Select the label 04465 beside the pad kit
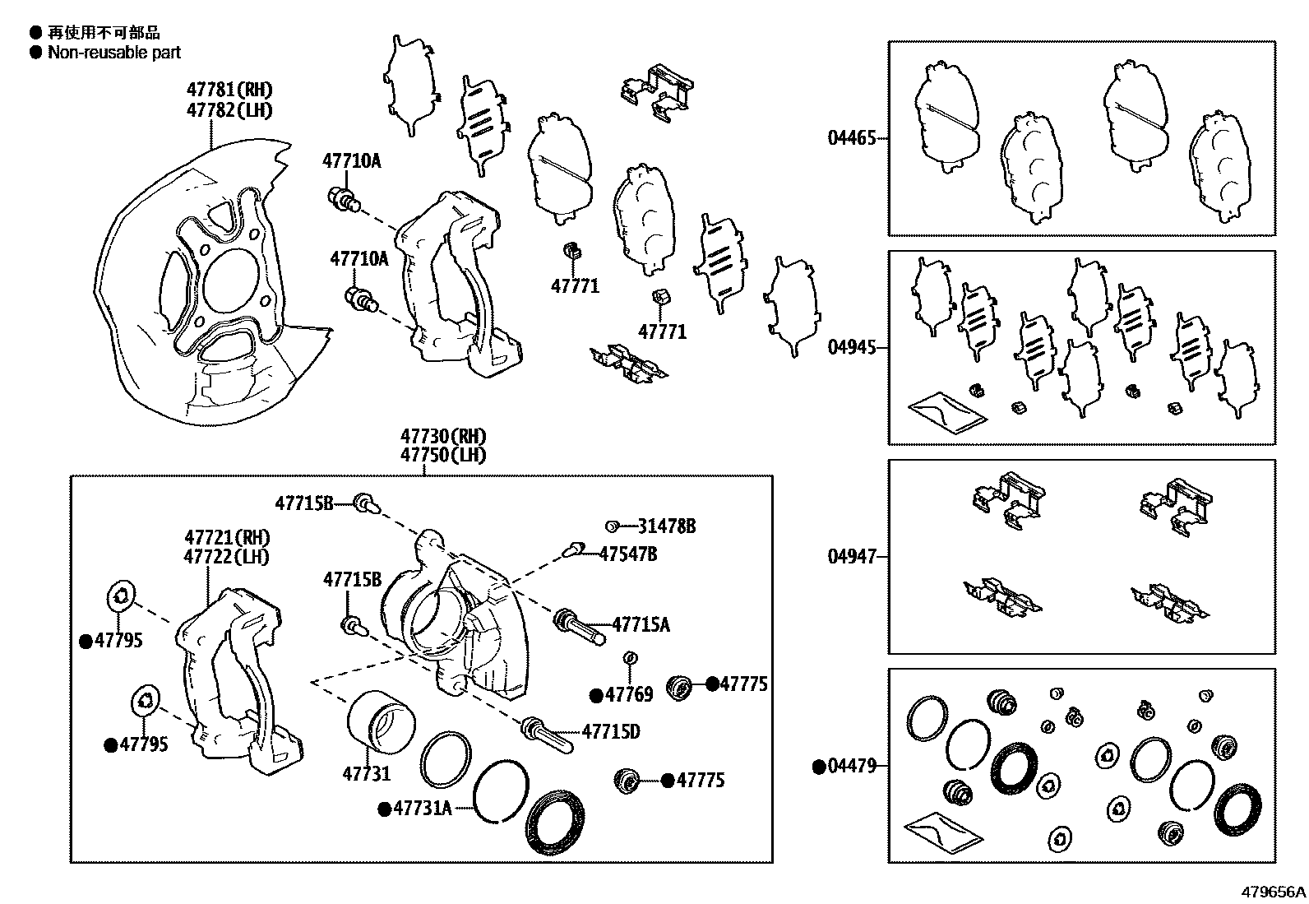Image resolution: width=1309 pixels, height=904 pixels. click(852, 138)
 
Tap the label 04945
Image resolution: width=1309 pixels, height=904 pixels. click(852, 347)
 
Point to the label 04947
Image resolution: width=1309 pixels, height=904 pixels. click(852, 557)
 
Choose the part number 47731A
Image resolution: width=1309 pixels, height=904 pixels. click(422, 809)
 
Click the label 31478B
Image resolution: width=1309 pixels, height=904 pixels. click(667, 526)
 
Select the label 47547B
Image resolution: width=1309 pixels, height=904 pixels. click(628, 554)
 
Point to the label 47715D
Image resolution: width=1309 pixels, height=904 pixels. click(611, 731)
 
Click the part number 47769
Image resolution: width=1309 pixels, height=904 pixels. click(628, 695)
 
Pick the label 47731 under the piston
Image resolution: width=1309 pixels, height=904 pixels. click(367, 773)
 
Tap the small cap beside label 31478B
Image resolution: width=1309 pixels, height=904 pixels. click(611, 526)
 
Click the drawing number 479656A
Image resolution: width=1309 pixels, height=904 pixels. click(1273, 892)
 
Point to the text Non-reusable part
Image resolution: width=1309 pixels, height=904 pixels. click(114, 53)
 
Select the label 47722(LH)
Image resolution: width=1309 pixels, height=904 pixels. click(227, 556)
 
